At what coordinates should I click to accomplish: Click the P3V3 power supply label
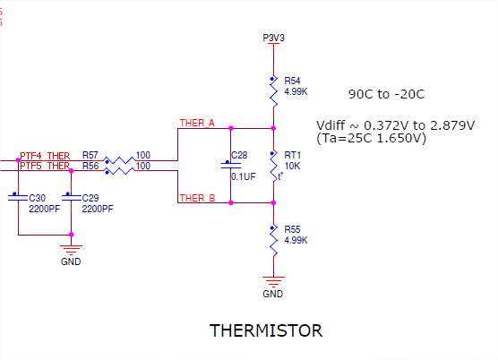pyautogui.click(x=273, y=38)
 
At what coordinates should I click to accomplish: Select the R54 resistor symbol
pyautogui.click(x=273, y=91)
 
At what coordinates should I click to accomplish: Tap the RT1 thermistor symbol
pyautogui.click(x=274, y=167)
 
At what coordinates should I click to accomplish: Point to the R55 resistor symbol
pyautogui.click(x=273, y=241)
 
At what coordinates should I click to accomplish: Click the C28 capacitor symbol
pyautogui.click(x=231, y=165)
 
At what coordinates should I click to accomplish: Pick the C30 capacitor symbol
pyautogui.click(x=18, y=197)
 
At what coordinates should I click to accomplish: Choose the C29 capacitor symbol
pyautogui.click(x=71, y=197)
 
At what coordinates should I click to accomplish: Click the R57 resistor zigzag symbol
pyautogui.click(x=120, y=160)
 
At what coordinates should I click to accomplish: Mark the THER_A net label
pyautogui.click(x=197, y=124)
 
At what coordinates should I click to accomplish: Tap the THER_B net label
pyautogui.click(x=198, y=198)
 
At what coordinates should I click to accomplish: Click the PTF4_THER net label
pyautogui.click(x=45, y=156)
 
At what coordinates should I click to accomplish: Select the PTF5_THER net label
pyautogui.click(x=45, y=166)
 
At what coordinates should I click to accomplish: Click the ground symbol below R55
pyautogui.click(x=273, y=281)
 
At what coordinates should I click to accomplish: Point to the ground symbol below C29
pyautogui.click(x=71, y=250)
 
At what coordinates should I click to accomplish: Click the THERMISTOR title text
pyautogui.click(x=266, y=330)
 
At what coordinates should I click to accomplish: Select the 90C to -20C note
pyautogui.click(x=387, y=94)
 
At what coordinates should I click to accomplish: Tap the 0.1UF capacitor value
pyautogui.click(x=244, y=176)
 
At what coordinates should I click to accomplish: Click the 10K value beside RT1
pyautogui.click(x=293, y=166)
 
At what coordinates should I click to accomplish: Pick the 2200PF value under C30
pyautogui.click(x=45, y=209)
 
